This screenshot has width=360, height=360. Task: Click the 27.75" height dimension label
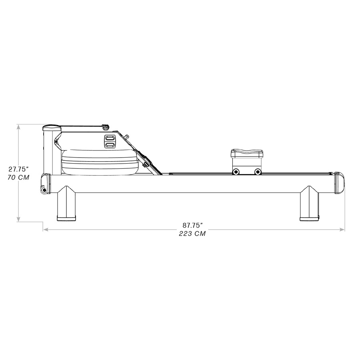[19, 169]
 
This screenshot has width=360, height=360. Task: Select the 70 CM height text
[18, 177]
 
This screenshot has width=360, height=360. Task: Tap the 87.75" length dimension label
[193, 226]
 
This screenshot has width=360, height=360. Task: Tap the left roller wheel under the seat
[236, 172]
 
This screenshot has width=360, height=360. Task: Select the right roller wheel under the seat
[258, 172]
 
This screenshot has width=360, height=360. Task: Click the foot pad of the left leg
[66, 218]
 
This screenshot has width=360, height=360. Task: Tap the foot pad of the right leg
[310, 218]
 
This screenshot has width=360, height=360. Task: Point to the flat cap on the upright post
[52, 128]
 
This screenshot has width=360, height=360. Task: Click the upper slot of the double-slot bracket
[110, 138]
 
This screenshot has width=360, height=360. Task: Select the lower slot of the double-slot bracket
[110, 144]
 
